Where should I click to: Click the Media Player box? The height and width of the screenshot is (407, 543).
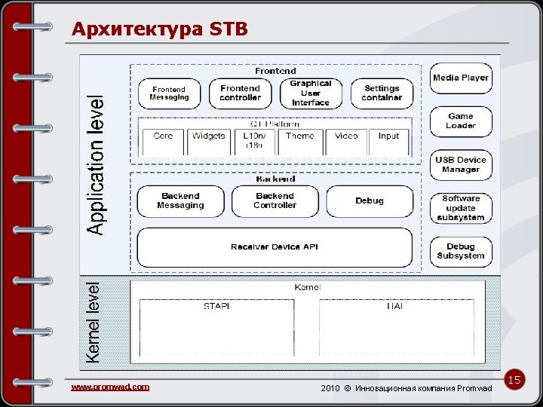tap(461, 78)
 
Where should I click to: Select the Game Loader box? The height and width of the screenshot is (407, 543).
tap(461, 121)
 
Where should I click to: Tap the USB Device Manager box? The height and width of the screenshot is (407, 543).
tap(461, 165)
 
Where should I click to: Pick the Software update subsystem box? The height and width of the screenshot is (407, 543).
tap(461, 208)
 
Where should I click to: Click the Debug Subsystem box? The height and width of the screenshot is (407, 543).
tap(461, 252)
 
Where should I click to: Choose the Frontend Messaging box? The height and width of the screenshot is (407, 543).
tap(169, 93)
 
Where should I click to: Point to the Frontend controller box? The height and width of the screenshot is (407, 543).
tap(240, 93)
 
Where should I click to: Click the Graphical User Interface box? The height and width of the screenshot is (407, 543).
tap(311, 93)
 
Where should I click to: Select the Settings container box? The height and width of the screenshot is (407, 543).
tap(382, 93)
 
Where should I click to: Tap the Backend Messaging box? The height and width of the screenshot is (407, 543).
tap(181, 201)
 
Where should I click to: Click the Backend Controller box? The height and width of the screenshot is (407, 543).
tap(275, 201)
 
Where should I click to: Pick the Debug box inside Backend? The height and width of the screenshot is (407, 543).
tap(370, 201)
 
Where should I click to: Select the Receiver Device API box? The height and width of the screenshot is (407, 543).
tap(275, 247)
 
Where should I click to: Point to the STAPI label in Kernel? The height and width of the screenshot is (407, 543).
tap(216, 307)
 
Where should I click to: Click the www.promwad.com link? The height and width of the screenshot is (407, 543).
tap(110, 387)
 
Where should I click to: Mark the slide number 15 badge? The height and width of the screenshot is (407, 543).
tap(514, 381)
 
